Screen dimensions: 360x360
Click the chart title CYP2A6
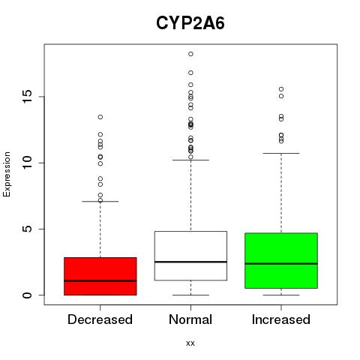point(190,23)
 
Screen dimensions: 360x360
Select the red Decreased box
point(100,276)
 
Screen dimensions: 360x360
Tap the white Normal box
point(190,256)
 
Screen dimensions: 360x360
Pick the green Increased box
point(281,260)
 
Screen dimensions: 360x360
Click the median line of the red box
point(100,280)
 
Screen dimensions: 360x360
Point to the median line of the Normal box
point(190,262)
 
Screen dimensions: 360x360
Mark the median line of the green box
point(281,263)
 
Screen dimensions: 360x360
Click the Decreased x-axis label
point(100,319)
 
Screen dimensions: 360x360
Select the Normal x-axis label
point(190,319)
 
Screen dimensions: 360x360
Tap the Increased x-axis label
point(281,319)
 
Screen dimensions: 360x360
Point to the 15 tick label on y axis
point(27,97)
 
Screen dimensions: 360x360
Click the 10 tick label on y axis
point(27,163)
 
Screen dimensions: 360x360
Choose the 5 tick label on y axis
point(27,229)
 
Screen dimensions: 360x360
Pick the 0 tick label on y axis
point(27,295)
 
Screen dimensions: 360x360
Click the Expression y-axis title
point(7,174)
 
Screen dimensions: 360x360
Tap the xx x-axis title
point(190,343)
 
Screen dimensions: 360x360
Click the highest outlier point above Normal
point(190,54)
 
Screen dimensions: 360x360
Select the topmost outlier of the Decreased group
point(100,117)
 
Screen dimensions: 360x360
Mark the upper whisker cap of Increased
point(281,153)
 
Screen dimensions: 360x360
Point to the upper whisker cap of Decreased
point(100,201)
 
